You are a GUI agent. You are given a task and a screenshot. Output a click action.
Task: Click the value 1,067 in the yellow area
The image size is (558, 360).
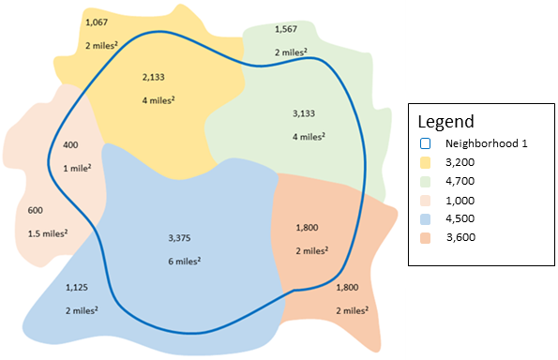point(97,21)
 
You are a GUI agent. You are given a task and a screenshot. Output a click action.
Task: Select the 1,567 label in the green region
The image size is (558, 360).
point(286,29)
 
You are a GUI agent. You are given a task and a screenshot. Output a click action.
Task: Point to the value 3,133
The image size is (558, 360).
point(307,113)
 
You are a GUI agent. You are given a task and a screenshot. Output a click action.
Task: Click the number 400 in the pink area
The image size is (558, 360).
point(70,145)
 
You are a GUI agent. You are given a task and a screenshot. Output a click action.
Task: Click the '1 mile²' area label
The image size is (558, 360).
point(77,169)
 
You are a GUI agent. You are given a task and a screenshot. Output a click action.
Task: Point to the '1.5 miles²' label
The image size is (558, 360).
point(48,232)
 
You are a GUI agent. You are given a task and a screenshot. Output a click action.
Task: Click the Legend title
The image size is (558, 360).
point(445,122)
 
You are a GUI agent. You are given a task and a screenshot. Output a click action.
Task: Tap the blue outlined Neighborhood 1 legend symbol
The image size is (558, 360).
point(425,143)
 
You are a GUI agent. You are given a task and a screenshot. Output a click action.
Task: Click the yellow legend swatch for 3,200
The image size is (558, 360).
point(425,162)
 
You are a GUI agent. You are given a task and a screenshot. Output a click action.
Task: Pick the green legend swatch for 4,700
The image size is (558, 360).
point(425,181)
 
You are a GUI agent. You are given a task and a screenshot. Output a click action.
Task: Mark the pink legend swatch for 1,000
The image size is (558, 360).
point(425,200)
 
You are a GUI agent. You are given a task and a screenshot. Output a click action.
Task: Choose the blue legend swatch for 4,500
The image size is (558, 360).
point(425,218)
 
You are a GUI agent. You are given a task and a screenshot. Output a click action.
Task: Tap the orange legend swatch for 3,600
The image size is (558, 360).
point(425,237)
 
